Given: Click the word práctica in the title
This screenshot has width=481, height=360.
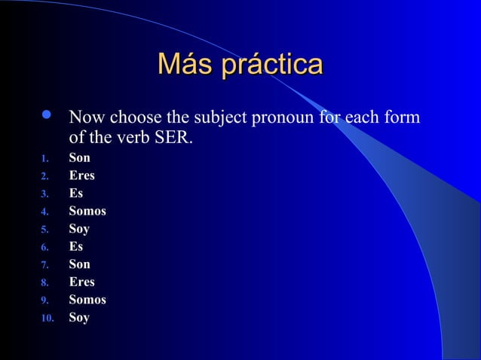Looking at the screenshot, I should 271,66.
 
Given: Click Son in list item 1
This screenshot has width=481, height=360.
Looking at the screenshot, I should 79,158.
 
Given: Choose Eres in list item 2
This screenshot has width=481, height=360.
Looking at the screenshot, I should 81,176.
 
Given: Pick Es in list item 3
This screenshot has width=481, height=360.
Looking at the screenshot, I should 75,194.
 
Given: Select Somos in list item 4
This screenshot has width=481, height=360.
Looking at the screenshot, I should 87,212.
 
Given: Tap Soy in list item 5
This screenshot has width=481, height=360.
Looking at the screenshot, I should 79,229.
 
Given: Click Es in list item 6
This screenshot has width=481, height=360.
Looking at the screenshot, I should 75,246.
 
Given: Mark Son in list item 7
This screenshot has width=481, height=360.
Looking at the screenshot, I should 79,264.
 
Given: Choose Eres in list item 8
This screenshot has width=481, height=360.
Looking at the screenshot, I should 81,282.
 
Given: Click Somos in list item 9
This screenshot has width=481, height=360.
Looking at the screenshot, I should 87,300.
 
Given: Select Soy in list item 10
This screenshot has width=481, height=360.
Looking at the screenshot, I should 79,317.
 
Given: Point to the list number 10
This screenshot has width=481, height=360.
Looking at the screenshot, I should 47,319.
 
